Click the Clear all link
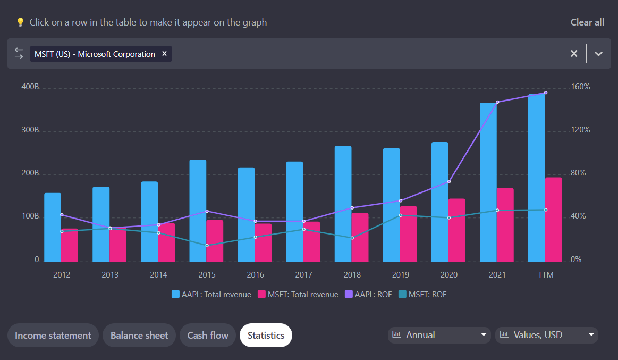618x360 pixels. [x=587, y=22]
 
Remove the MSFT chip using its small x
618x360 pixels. [x=164, y=54]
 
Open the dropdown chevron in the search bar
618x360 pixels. [x=598, y=54]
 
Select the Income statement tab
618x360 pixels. [x=53, y=336]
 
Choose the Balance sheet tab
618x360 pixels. [x=139, y=336]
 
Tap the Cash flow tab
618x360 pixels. [x=208, y=336]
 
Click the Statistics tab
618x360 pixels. [x=266, y=336]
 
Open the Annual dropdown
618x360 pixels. [x=439, y=335]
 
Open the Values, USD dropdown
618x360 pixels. [x=546, y=335]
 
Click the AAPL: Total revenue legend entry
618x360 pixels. [x=211, y=295]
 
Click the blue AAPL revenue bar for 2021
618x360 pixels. [x=488, y=181]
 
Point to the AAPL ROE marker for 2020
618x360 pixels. [x=449, y=182]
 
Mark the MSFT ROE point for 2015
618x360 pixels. [x=207, y=246]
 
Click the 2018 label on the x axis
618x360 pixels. [x=352, y=275]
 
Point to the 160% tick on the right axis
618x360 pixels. [x=580, y=87]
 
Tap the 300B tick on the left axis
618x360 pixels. [x=30, y=131]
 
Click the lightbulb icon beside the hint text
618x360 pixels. [x=20, y=22]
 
